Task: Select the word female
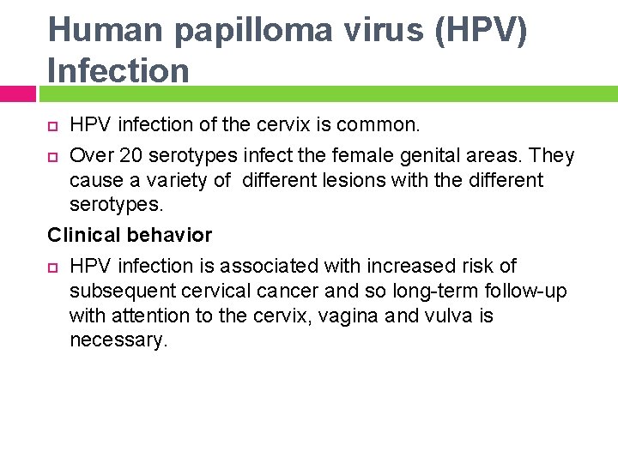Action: coord(352,156)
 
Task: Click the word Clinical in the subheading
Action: coord(84,235)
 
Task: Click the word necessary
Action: coord(118,340)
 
